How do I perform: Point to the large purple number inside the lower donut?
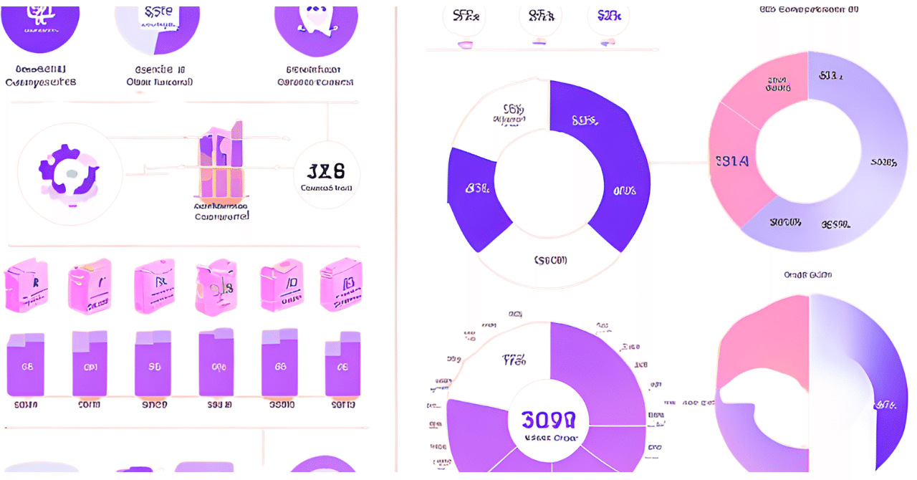(x=548, y=419)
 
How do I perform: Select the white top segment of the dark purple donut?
(x=501, y=115)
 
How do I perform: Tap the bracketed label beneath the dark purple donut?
(x=550, y=260)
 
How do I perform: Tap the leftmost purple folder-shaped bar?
(x=26, y=365)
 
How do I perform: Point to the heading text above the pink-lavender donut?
(x=807, y=9)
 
